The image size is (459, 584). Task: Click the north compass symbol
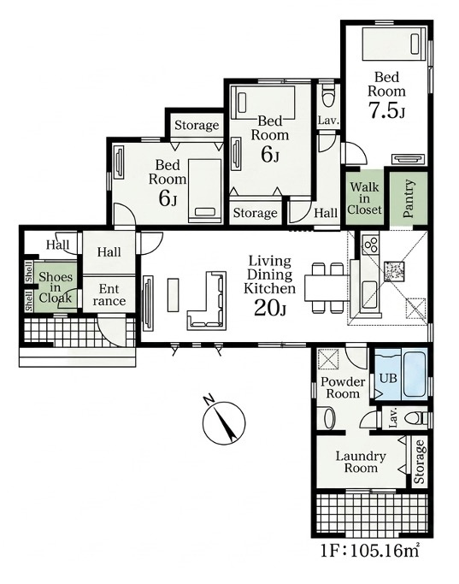point(224,421)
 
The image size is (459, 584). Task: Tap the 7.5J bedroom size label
point(386,109)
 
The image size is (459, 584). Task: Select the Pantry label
point(409,198)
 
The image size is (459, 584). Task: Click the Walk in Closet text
point(364,198)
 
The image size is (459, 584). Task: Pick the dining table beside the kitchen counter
point(327,287)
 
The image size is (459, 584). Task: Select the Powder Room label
point(343,387)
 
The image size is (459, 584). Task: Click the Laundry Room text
point(361,462)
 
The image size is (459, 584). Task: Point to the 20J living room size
point(270,307)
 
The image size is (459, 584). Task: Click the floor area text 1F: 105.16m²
point(369,550)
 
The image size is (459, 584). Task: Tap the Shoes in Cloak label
point(56,287)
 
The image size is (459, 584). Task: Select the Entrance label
point(109,295)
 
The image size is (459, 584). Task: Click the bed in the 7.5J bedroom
point(393,44)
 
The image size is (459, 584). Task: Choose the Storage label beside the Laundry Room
point(419,462)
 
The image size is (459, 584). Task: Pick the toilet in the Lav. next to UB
point(416,419)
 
